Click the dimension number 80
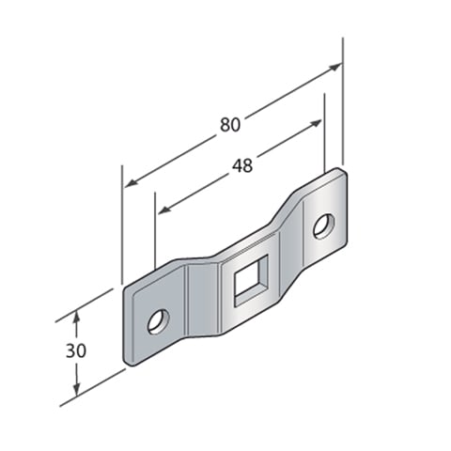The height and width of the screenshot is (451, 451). [x=230, y=124]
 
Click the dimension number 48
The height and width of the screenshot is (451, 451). [x=242, y=165]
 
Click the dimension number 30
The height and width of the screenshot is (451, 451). [x=76, y=350]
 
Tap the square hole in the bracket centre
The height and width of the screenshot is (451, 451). [x=251, y=280]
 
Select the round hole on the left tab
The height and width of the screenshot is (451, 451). [x=159, y=321]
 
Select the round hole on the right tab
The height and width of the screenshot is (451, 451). [x=324, y=226]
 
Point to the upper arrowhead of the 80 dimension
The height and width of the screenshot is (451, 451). [x=335, y=67]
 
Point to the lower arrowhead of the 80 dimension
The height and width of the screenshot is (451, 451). [x=132, y=183]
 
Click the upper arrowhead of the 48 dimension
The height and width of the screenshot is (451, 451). [x=315, y=123]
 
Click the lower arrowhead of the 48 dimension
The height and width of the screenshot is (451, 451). [x=164, y=210]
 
